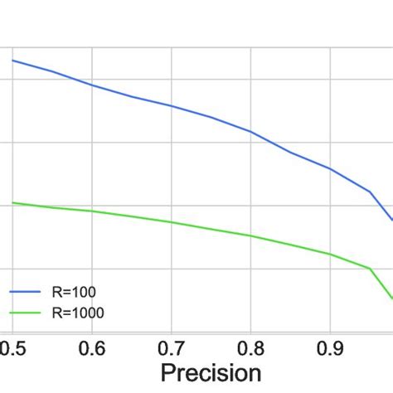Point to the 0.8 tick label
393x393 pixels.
click(250, 346)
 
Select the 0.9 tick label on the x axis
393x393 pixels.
click(330, 346)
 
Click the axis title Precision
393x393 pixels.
click(211, 372)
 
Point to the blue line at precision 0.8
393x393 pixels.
click(250, 132)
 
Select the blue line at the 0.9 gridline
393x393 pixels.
click(330, 168)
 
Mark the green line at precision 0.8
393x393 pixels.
click(250, 235)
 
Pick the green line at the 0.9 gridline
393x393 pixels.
click(330, 254)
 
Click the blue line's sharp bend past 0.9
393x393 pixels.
click(370, 192)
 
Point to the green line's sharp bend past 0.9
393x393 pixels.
click(370, 269)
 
